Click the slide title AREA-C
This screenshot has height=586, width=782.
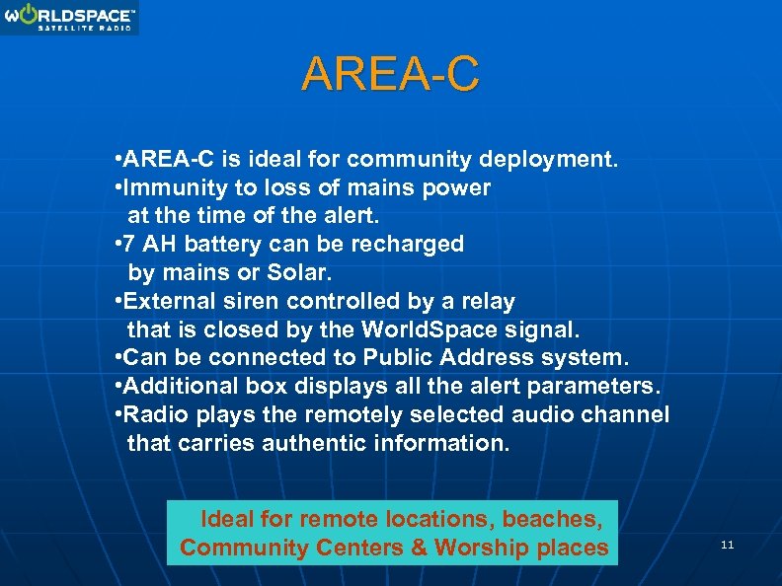click(391, 74)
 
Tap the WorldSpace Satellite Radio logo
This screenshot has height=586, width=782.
click(69, 17)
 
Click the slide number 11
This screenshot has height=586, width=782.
click(728, 545)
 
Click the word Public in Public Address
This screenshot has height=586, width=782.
click(400, 356)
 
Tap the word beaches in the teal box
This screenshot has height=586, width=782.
click(561, 518)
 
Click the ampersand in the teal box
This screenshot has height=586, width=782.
click(419, 548)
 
